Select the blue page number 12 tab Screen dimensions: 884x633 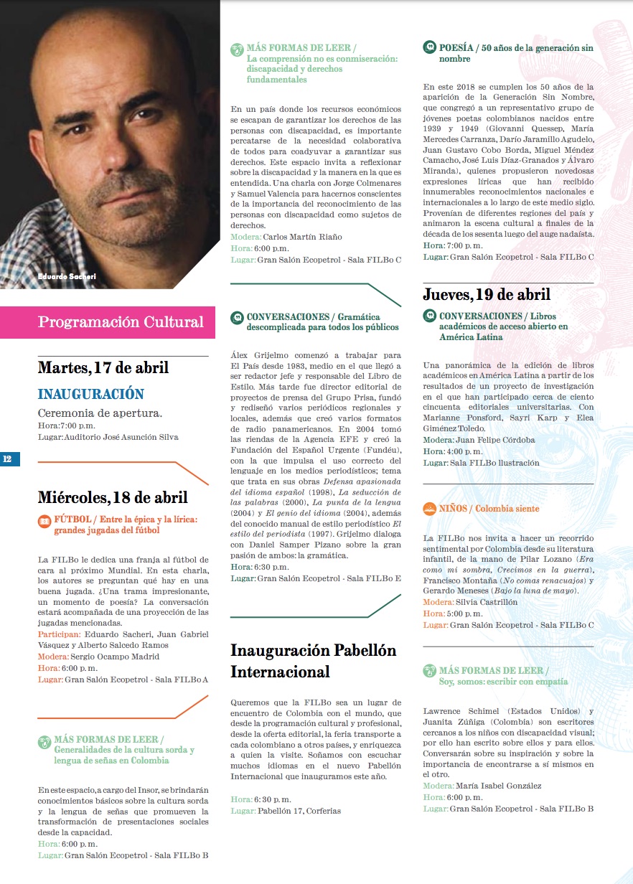point(9,459)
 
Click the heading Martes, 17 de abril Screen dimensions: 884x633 point(103,368)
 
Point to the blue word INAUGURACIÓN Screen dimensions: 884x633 point(91,394)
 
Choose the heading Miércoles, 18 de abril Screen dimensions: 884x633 point(113,497)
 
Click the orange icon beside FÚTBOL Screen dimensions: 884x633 point(44,520)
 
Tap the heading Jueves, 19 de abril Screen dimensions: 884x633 point(487,294)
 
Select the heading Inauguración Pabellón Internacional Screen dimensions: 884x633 point(313,661)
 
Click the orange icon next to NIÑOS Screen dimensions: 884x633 point(429,509)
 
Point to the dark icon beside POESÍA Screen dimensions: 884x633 point(429,48)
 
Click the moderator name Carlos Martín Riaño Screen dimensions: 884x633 point(303,237)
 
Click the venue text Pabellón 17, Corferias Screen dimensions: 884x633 point(299,811)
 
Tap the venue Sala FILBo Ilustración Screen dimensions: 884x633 point(494,463)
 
